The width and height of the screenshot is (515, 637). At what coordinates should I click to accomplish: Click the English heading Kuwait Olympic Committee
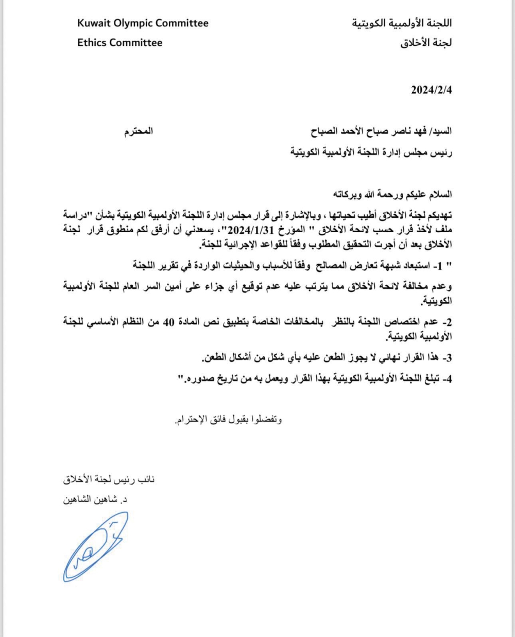(143, 23)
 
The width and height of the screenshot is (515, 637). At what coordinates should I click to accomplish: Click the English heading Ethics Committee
(119, 43)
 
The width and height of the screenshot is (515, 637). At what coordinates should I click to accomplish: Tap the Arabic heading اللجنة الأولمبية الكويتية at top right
(402, 24)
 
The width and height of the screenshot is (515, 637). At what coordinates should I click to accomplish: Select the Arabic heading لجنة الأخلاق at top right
(426, 43)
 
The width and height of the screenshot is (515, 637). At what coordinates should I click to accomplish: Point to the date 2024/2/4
(431, 90)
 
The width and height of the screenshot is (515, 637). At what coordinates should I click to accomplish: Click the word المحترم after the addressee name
(139, 131)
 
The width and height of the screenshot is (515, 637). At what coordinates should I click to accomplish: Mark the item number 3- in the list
(447, 357)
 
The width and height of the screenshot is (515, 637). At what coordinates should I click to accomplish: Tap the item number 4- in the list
(447, 380)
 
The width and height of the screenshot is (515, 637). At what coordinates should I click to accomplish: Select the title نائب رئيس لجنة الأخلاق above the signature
(109, 479)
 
